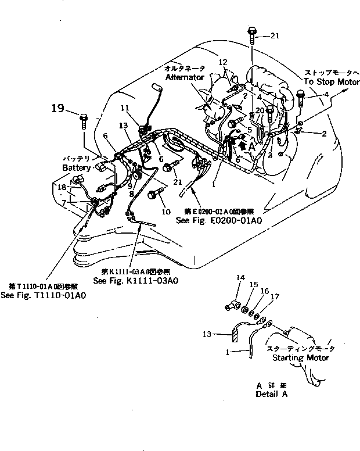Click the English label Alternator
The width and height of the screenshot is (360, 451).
coord(185,77)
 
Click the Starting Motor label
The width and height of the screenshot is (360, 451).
coord(301,357)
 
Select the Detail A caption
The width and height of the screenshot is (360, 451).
coord(271,393)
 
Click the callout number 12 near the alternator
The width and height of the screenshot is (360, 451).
coord(223,62)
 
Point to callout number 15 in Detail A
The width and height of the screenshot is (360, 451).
coord(253,284)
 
